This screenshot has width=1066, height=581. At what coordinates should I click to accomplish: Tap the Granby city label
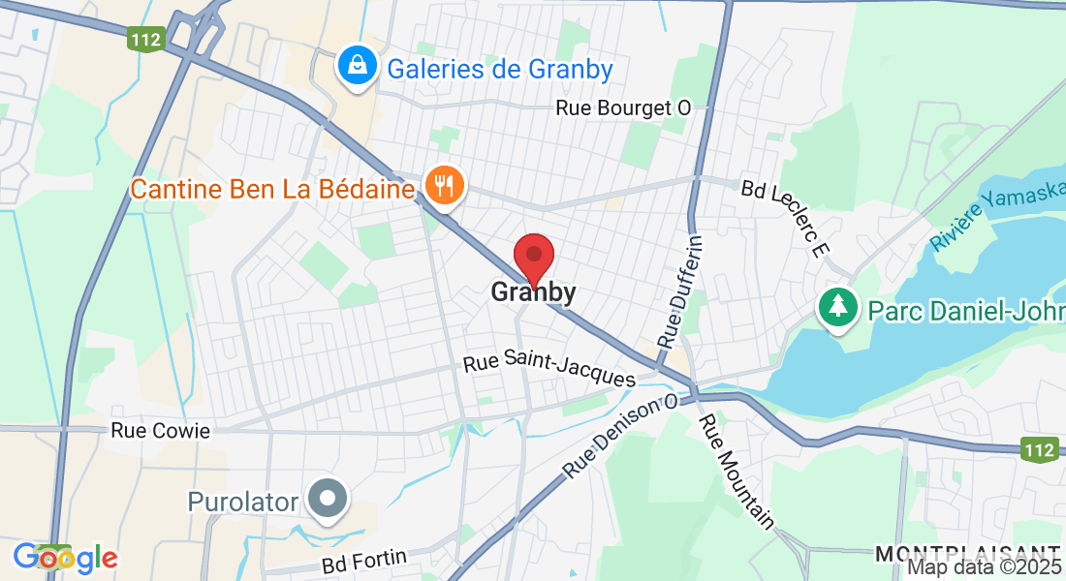[533, 291]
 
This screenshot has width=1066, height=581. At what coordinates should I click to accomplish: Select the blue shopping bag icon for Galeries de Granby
[358, 66]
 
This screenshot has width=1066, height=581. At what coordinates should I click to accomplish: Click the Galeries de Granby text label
[500, 70]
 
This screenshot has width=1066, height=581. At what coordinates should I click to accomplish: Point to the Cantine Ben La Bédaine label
[272, 189]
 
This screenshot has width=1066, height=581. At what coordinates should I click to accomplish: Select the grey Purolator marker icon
[328, 500]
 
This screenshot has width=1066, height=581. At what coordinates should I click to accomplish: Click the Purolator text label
[243, 501]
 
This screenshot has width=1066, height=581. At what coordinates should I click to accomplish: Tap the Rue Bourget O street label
[623, 107]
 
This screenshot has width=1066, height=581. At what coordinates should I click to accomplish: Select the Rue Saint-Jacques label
[549, 371]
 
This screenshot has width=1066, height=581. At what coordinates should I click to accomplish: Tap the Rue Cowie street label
[160, 431]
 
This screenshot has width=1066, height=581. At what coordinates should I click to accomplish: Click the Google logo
[65, 558]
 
